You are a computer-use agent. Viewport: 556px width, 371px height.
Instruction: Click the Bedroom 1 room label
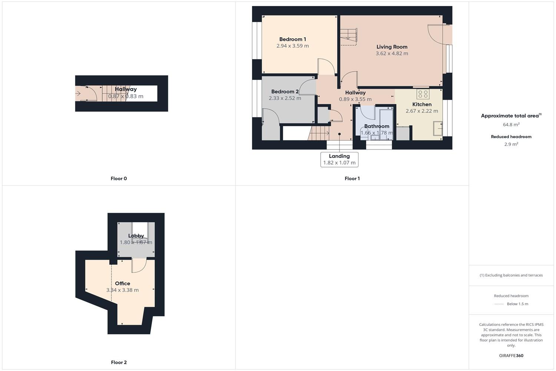292,39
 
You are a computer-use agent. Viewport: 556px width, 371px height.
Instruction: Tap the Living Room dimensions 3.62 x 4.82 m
392,53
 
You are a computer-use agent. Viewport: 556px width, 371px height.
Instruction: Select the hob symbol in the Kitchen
423,94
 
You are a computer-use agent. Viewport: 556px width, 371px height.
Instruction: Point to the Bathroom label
377,126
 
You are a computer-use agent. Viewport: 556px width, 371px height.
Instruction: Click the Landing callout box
339,160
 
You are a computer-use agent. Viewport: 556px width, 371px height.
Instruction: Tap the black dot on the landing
339,134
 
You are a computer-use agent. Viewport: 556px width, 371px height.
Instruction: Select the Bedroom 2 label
285,92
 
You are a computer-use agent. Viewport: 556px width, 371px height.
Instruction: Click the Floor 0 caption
119,178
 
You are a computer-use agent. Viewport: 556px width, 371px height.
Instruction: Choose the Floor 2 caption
119,362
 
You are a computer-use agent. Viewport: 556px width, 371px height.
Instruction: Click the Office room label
122,283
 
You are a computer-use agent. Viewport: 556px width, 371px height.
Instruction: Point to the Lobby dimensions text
136,243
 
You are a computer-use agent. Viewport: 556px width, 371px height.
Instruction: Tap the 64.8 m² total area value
511,125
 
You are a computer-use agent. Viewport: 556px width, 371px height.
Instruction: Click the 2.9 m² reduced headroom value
511,144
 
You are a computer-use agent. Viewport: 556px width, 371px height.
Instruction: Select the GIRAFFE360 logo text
511,355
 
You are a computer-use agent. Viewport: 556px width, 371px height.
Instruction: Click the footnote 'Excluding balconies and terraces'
511,275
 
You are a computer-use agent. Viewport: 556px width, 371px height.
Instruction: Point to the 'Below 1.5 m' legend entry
517,304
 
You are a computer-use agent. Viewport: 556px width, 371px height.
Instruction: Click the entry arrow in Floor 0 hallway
78,93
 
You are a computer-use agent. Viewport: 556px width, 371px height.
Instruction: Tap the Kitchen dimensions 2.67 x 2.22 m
422,111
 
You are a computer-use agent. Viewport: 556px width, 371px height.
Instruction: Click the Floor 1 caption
352,178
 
